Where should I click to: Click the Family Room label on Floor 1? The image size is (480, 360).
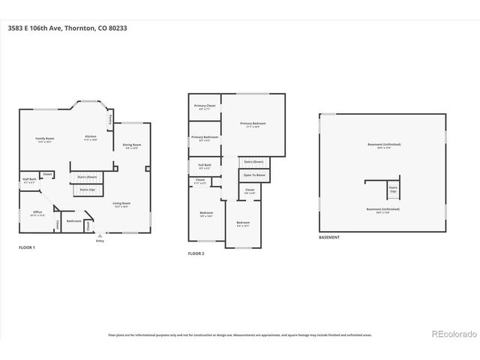(45, 139)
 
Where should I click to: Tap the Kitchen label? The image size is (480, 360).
(90, 137)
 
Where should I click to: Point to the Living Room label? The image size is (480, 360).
(121, 204)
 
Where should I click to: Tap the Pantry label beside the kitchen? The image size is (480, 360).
(111, 120)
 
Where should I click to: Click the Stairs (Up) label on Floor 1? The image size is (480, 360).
(88, 190)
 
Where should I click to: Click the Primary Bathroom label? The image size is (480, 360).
(204, 138)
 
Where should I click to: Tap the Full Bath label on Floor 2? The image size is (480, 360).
(204, 166)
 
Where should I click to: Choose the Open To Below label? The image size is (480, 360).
(254, 175)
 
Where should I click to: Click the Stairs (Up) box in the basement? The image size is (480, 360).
(393, 190)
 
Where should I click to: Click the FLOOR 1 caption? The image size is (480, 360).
(27, 247)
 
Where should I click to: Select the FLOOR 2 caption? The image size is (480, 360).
(196, 253)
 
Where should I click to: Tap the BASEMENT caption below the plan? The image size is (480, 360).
(329, 237)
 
